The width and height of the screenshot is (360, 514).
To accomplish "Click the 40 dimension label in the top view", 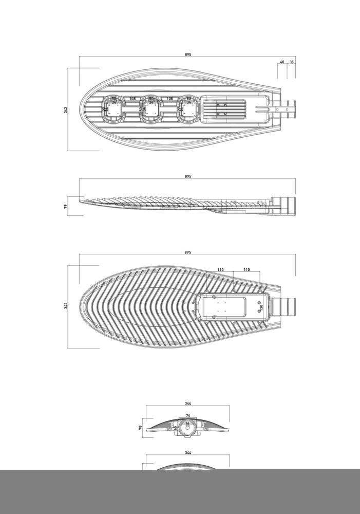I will click(x=282, y=62).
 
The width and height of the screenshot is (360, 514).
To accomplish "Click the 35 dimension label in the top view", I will click(x=292, y=62).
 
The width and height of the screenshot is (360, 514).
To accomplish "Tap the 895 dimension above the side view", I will click(x=188, y=176).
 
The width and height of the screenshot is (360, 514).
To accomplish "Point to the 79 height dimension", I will click(x=66, y=206).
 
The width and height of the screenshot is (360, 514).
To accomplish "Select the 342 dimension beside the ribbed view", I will click(x=66, y=306).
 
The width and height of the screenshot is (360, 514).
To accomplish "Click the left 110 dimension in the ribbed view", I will click(x=220, y=269).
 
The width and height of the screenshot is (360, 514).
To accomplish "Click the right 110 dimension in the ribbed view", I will click(x=247, y=269).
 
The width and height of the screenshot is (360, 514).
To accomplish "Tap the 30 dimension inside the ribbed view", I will click(x=261, y=307).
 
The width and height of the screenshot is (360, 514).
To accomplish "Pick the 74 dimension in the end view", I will click(x=188, y=415).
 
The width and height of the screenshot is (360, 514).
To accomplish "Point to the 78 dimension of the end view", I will click(x=140, y=428).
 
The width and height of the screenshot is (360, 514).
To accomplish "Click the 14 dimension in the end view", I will click(x=187, y=424).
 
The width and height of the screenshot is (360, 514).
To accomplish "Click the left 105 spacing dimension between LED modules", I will click(x=132, y=98).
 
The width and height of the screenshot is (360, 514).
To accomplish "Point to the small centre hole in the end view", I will click(x=187, y=428).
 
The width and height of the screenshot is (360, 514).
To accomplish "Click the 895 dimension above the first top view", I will click(x=188, y=54).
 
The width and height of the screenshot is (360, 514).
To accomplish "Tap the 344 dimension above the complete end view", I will click(x=188, y=403).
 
